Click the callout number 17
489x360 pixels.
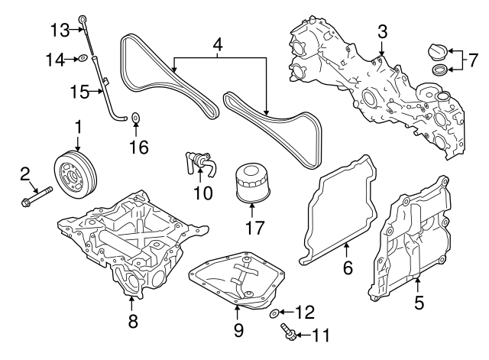pos(251,227)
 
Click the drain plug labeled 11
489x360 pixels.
pos(289,333)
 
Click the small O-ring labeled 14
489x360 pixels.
pos(81,57)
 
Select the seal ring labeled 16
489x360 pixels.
pos(136,117)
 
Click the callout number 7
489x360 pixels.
pos(472,58)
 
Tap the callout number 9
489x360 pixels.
pos(238,330)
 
